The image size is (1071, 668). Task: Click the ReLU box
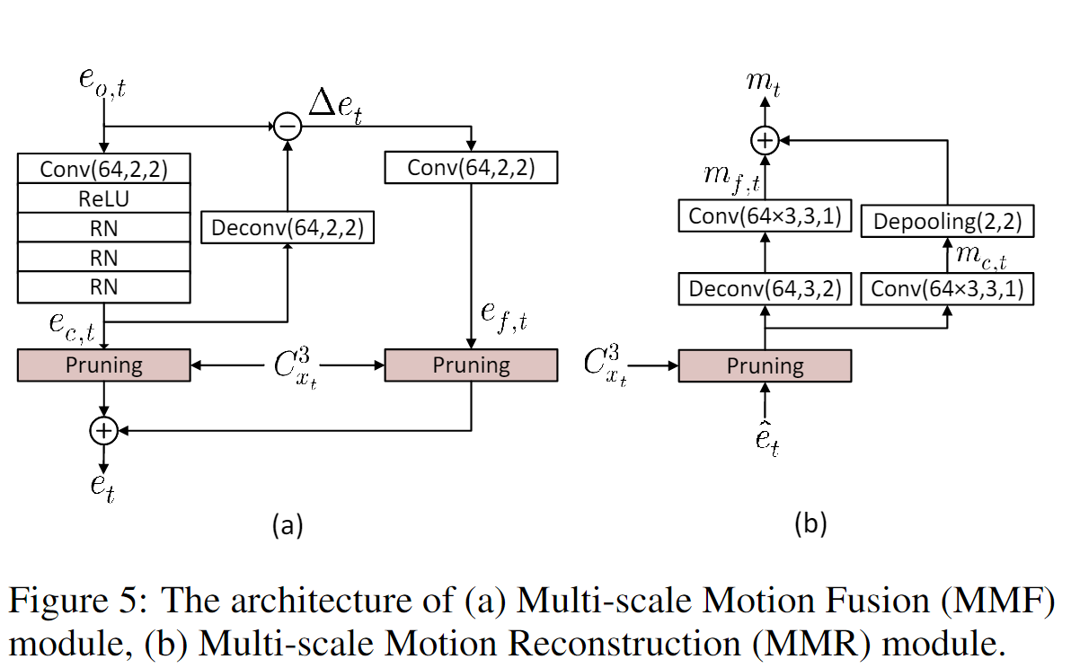(103, 198)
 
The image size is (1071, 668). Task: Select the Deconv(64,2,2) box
(287, 227)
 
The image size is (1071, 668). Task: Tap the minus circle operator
(287, 127)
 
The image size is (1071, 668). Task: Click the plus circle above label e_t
(103, 431)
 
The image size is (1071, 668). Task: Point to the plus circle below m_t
(764, 140)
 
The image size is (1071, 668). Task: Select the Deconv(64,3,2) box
(765, 289)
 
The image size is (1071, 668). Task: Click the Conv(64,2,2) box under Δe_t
(471, 168)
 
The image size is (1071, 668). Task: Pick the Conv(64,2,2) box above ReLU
(103, 169)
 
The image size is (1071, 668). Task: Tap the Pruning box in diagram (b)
(765, 365)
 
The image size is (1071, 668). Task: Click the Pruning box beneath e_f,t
(471, 365)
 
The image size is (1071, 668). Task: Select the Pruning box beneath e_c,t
(103, 365)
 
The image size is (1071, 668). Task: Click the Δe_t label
(335, 107)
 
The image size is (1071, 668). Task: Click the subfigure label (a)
(288, 524)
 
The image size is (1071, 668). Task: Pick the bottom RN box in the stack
(103, 287)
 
